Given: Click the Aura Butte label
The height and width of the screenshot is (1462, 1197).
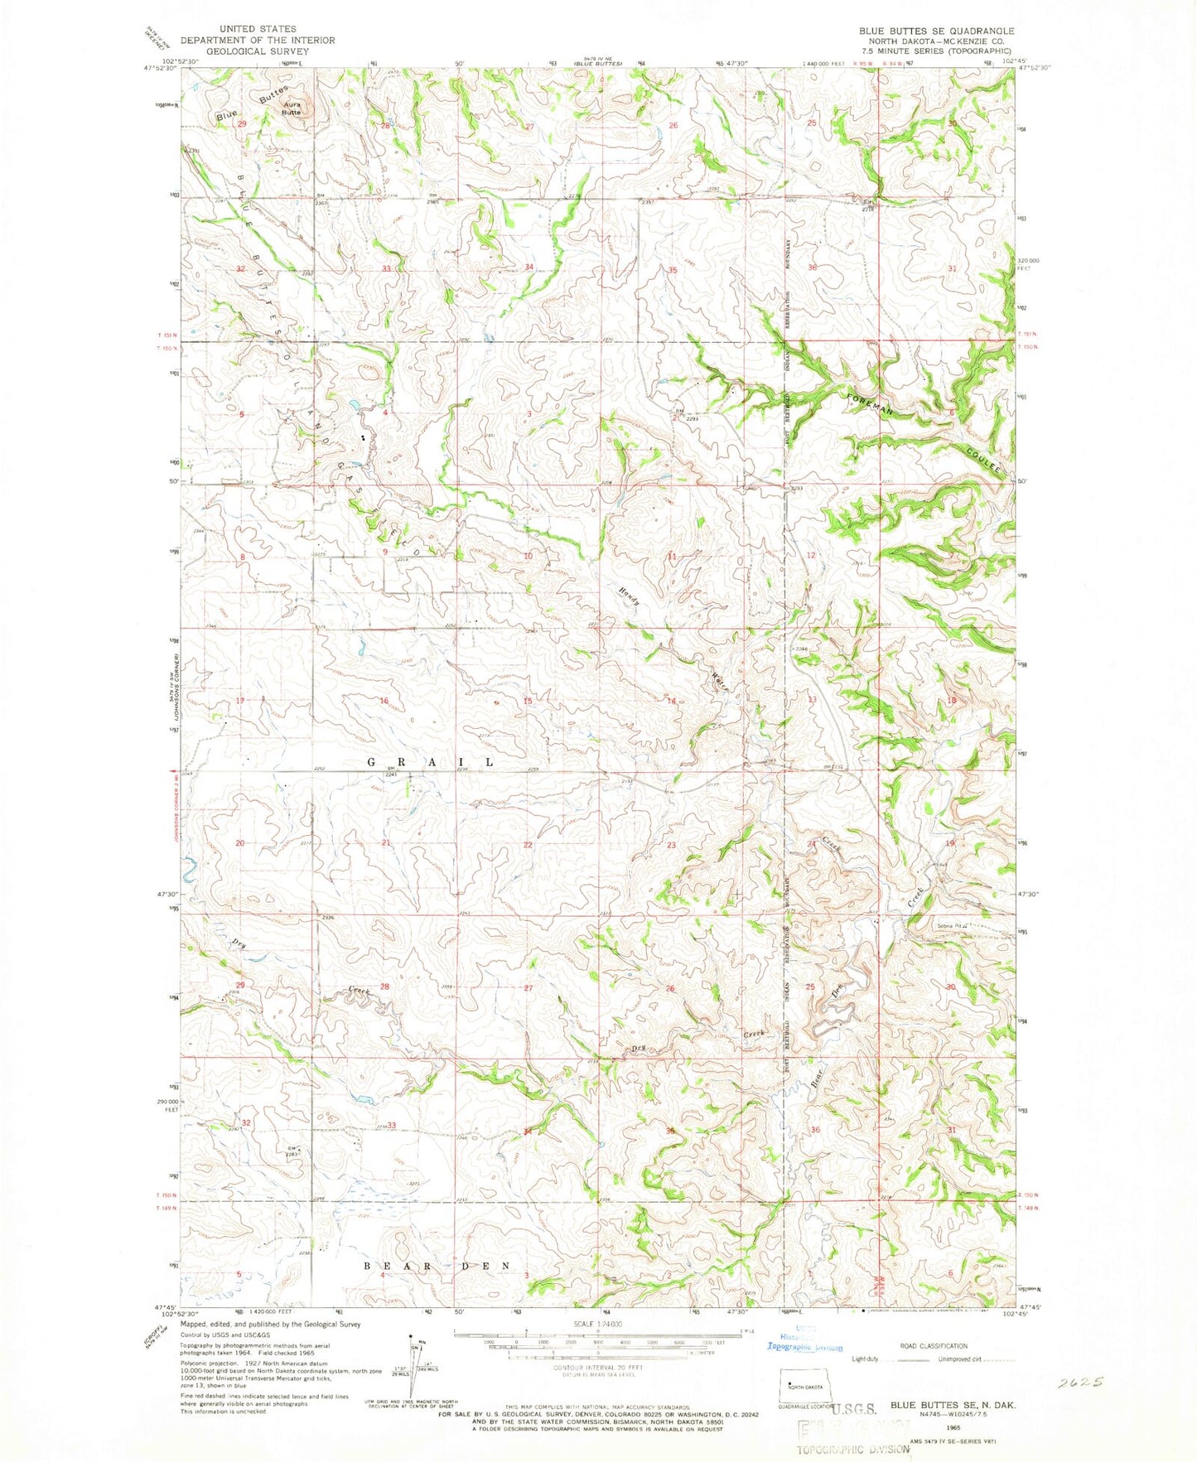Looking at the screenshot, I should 292,109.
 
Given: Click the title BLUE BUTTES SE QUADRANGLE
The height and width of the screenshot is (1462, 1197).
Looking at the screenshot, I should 936,31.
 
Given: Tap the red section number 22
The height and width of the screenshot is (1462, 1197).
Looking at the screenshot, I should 528,845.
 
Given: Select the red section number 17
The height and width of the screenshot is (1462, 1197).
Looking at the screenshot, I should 240,701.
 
